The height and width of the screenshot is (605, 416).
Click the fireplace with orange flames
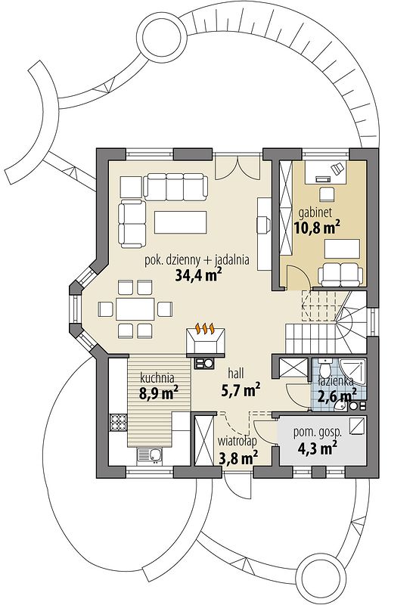pos(205,341)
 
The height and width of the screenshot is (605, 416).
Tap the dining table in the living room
pos(135,309)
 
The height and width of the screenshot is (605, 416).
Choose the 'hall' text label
pos(236,374)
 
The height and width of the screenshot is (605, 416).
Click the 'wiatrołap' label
pos(237,440)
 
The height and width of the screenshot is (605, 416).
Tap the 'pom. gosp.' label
pos(318,433)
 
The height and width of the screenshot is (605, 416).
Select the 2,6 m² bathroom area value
pos(337,396)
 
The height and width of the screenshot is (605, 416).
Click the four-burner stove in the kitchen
pos(119,422)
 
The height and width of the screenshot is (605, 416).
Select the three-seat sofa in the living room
pos(175,186)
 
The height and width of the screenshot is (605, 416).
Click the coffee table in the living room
pos(181,222)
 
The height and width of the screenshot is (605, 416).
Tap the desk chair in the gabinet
pos(327,194)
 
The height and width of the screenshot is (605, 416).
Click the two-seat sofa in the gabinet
pos(340,275)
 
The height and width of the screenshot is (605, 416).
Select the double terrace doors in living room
pos(237,167)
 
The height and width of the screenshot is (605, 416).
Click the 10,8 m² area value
pos(317,228)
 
